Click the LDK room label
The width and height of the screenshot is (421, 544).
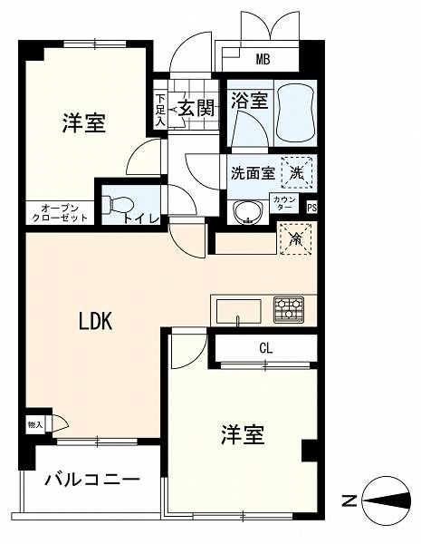click(96, 321)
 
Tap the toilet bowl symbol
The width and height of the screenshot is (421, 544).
click(118, 204)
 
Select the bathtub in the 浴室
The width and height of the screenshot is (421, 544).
click(296, 112)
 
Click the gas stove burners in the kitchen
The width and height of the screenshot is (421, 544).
click(289, 309)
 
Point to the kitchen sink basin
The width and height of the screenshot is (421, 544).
click(239, 311)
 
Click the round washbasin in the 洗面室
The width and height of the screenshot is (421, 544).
click(247, 212)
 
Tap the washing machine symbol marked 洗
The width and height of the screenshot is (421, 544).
click(297, 172)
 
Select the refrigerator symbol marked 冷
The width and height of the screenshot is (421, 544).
click(295, 239)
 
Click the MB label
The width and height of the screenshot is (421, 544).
click(263, 60)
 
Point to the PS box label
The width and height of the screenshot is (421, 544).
click(311, 209)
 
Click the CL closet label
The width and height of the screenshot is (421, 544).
click(266, 348)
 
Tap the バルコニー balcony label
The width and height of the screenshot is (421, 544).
click(92, 480)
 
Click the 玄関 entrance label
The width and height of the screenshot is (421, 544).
click(198, 108)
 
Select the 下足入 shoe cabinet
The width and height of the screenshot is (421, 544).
click(159, 111)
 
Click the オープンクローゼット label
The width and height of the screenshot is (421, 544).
click(59, 213)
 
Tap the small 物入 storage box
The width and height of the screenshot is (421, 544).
click(35, 424)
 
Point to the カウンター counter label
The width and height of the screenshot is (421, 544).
click(285, 202)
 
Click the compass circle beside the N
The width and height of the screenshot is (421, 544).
click(387, 500)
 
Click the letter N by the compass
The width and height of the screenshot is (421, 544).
click(349, 501)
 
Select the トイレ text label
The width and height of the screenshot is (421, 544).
click(141, 219)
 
